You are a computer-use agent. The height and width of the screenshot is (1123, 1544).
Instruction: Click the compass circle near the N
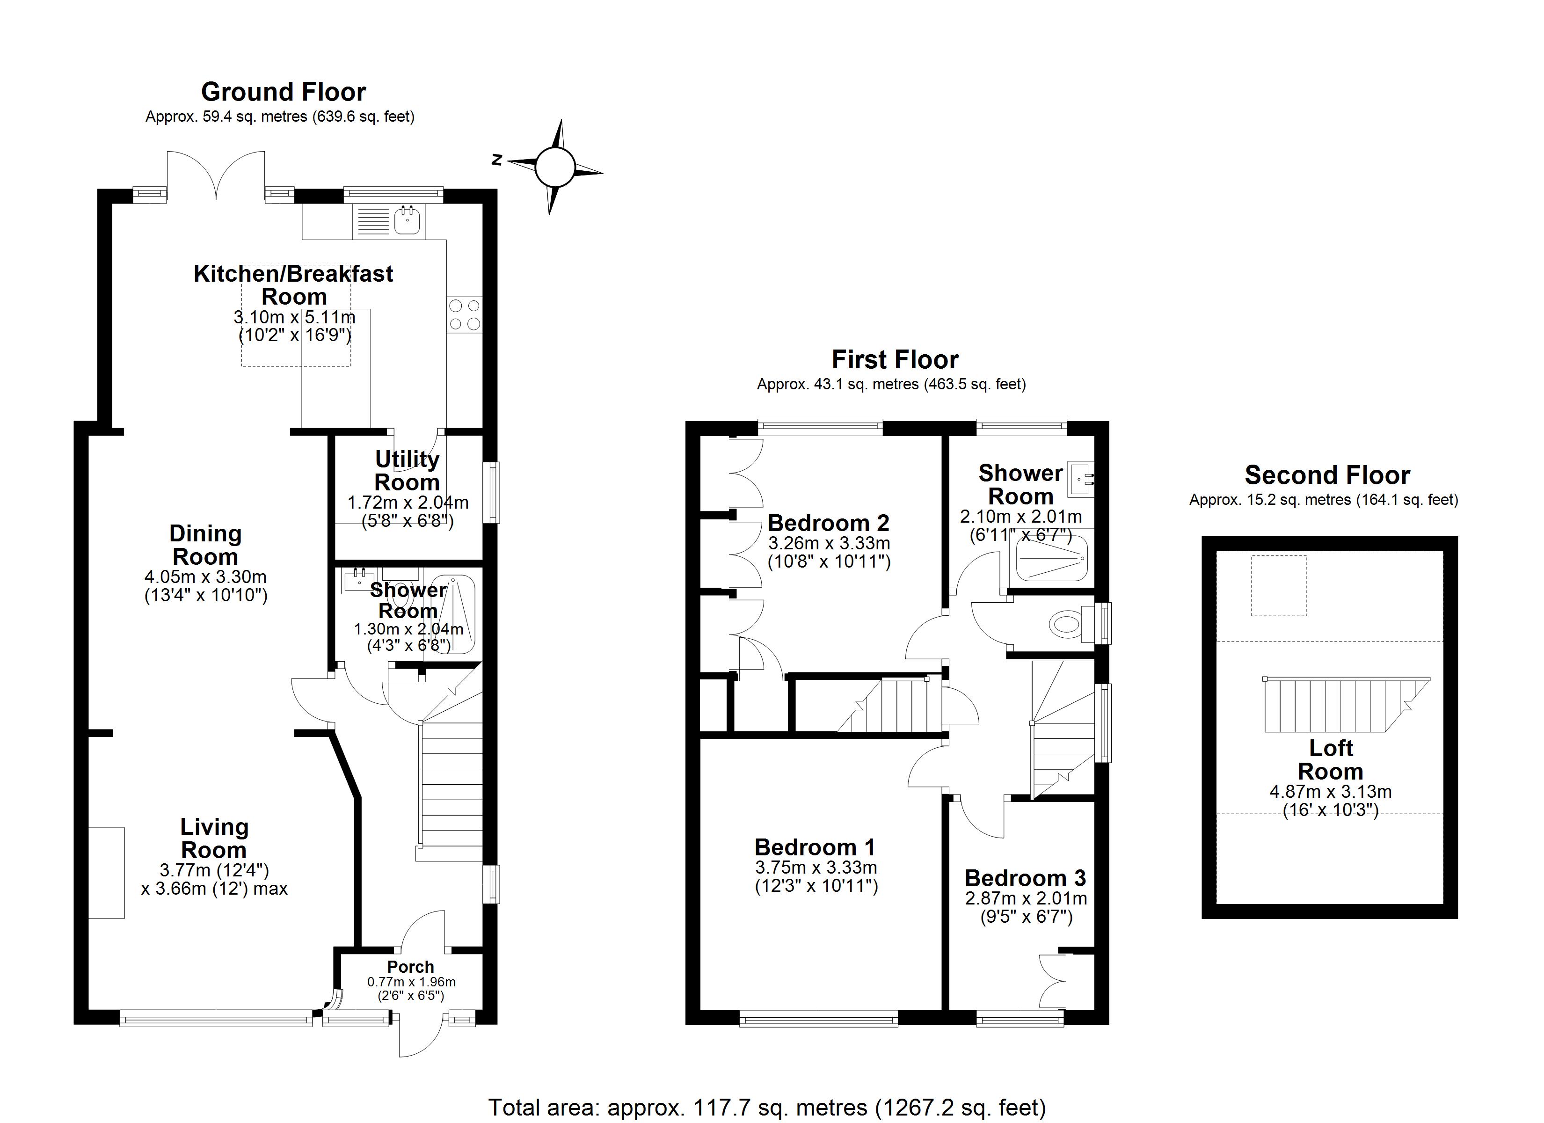point(555,168)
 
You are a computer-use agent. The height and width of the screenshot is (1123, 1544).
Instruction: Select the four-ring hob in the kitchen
point(464,315)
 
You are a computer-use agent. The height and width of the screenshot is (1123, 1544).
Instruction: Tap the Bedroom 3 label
point(1025,878)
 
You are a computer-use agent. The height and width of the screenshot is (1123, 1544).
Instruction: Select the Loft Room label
point(1330,760)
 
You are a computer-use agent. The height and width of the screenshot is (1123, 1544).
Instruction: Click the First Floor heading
point(895,359)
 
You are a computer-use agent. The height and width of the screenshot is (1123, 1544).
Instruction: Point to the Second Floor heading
point(1327,474)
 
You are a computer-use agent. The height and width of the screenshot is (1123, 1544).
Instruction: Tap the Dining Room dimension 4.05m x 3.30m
point(205,577)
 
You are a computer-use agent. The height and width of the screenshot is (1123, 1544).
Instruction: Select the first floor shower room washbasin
point(1080,478)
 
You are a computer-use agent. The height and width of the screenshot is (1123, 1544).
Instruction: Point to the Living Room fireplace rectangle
point(106,872)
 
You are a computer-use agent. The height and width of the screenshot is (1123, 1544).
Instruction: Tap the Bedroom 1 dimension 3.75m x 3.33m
point(816,868)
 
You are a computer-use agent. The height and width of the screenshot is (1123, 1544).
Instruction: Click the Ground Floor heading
point(283,92)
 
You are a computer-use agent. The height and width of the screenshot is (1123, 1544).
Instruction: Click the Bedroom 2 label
point(828,523)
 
